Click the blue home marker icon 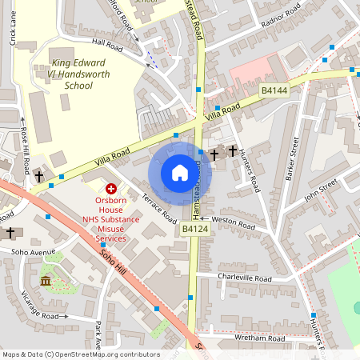(180, 173)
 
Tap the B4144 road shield (274, 92)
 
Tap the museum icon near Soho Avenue (46, 281)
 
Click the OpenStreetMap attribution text (80, 354)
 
